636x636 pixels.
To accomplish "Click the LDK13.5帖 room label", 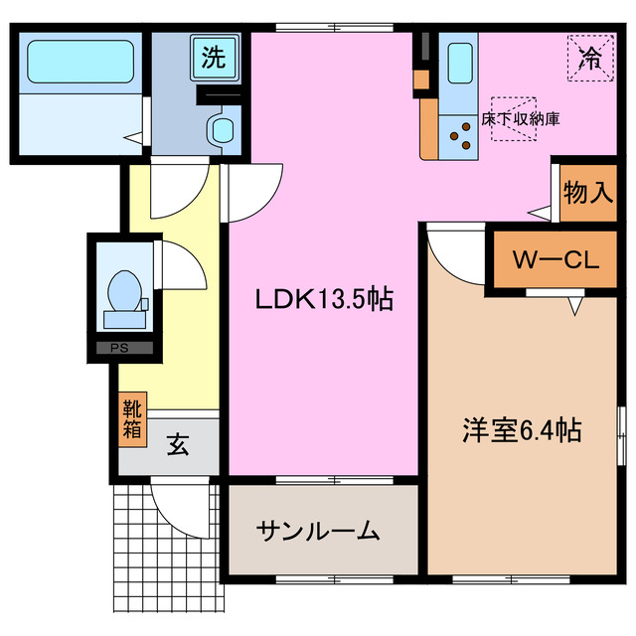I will (x=323, y=298).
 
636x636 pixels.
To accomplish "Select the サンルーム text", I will (x=318, y=531).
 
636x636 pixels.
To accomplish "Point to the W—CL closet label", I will (x=555, y=261).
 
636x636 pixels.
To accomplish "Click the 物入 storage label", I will (x=587, y=191).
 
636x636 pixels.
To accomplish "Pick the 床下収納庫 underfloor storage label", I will (x=520, y=118).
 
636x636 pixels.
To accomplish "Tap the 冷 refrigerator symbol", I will (x=590, y=58).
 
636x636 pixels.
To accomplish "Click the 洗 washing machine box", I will (x=213, y=58).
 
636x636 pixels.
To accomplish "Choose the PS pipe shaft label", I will (x=119, y=348).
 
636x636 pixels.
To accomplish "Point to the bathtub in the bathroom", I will (x=79, y=63).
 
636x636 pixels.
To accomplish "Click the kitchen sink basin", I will (x=460, y=64).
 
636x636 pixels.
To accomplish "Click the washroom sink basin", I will (x=222, y=129).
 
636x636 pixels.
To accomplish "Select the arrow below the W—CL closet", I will (x=574, y=308).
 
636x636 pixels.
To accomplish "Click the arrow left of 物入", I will (x=538, y=212).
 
